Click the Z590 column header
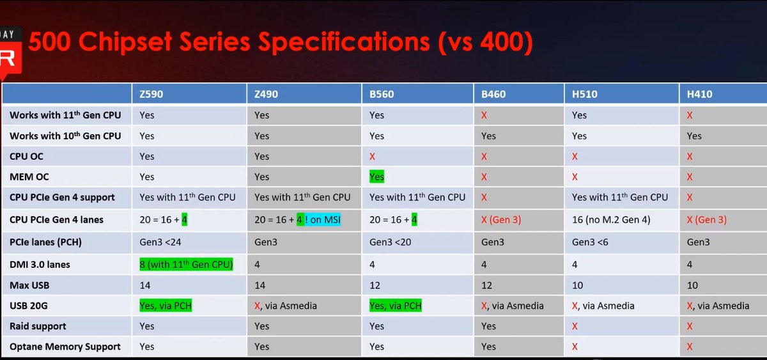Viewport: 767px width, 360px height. tap(151, 94)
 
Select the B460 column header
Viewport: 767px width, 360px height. tap(493, 94)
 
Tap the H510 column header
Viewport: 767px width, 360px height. tap(584, 94)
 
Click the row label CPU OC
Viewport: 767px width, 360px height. tap(26, 157)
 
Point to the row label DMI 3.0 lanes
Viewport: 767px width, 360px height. tap(40, 265)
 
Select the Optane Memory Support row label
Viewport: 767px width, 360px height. tap(65, 347)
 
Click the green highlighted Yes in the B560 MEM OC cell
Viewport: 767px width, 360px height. tap(376, 176)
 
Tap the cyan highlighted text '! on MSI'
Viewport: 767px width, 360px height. tap(323, 219)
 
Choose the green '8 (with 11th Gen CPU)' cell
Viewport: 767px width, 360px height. tap(186, 265)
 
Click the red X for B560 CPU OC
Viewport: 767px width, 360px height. tap(372, 157)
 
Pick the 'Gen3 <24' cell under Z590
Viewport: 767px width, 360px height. tap(160, 242)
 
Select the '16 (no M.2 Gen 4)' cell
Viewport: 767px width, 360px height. tap(611, 219)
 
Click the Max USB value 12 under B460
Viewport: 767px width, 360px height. tap(486, 285)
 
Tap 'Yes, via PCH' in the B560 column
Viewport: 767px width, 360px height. tap(396, 306)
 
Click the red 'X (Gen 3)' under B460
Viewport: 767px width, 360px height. tap(501, 219)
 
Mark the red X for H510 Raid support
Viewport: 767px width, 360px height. tap(575, 326)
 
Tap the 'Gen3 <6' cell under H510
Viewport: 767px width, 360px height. tap(590, 242)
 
